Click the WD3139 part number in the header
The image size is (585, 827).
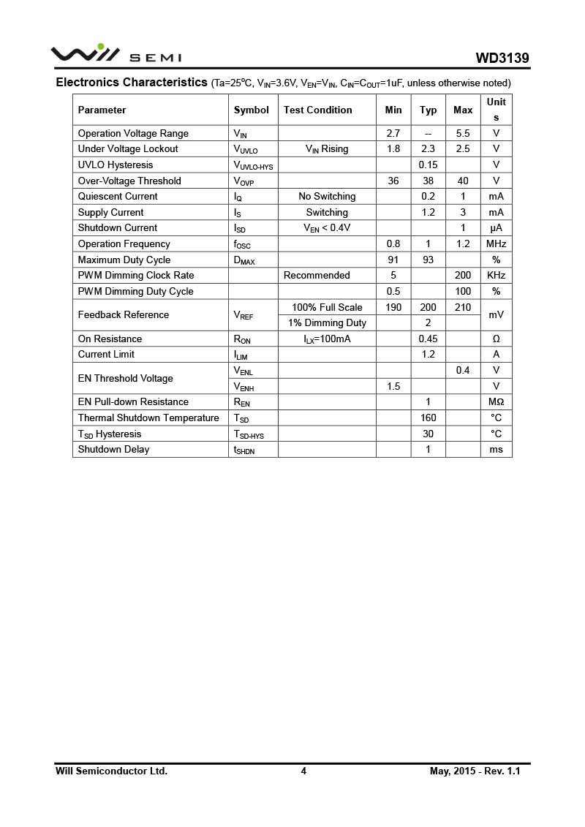tap(502, 58)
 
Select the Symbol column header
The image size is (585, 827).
tap(251, 110)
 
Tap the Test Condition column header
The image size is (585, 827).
tap(317, 110)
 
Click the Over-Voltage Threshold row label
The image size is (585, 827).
tap(129, 181)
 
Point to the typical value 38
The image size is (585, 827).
tap(428, 181)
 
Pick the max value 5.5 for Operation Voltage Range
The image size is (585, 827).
tap(462, 133)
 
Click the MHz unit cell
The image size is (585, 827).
tap(496, 243)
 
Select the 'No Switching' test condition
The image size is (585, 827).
tap(327, 196)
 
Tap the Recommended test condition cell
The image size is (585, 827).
tap(317, 275)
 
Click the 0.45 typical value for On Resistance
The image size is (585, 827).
tap(428, 339)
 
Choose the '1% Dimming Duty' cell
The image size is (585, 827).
tap(327, 322)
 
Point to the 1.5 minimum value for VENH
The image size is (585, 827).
tap(393, 386)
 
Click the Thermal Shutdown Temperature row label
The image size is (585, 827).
tap(148, 418)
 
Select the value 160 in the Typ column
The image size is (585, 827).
tap(428, 418)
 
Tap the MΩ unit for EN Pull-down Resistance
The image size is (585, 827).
tap(496, 401)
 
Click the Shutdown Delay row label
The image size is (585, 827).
tap(113, 449)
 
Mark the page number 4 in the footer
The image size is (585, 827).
tap(303, 771)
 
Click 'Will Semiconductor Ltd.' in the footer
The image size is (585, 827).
tap(111, 771)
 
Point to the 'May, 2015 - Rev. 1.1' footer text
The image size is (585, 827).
tap(475, 771)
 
